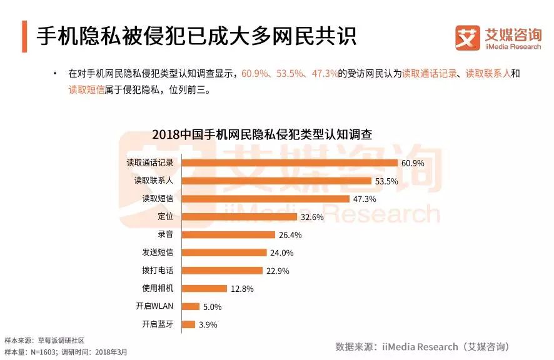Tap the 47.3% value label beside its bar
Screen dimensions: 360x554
365,199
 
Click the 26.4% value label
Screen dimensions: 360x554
290,235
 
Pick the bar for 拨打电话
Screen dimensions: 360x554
222,271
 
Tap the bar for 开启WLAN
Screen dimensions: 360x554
191,306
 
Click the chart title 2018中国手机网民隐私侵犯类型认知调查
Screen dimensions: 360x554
262,134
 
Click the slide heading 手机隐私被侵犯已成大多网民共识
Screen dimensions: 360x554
196,36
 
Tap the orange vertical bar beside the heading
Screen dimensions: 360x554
24,36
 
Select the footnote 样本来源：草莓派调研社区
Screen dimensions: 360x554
44,341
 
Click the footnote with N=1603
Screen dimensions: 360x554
66,352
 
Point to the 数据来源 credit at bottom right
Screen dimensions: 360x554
422,346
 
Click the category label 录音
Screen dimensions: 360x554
166,234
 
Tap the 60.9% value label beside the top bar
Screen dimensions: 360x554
413,163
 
